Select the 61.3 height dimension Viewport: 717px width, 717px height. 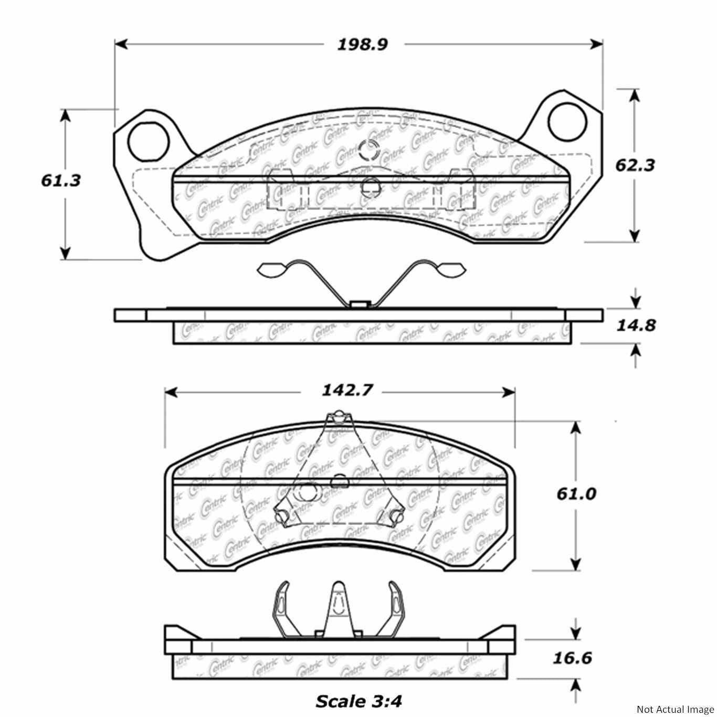pyautogui.click(x=61, y=181)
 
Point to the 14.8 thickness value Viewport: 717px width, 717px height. pyautogui.click(x=636, y=325)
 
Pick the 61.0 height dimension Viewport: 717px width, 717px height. pyautogui.click(x=576, y=493)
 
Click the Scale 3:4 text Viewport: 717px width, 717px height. pyautogui.click(x=359, y=700)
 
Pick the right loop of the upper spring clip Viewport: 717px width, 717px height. pyautogui.click(x=450, y=269)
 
